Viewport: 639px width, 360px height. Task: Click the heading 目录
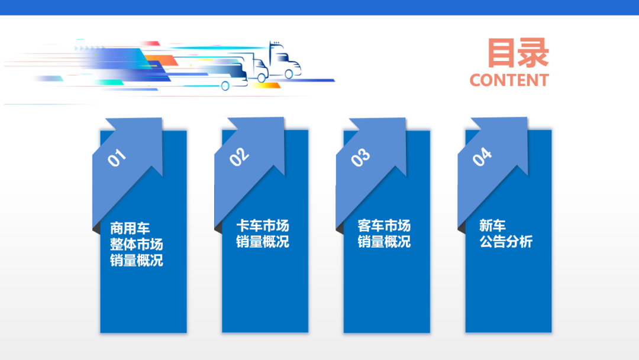(518, 53)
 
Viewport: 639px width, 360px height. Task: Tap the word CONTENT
(509, 81)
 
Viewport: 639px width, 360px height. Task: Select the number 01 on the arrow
(117, 157)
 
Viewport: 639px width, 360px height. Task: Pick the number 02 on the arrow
(239, 156)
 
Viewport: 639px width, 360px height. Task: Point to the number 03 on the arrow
(360, 157)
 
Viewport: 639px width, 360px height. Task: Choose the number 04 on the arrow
(482, 156)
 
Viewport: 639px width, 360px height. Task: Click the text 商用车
(130, 228)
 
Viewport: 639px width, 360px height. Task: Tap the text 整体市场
(136, 244)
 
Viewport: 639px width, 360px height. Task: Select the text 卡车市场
(263, 226)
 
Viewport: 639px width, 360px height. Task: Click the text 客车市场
(384, 226)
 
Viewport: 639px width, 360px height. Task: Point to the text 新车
(492, 226)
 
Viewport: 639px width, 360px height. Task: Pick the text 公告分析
(506, 242)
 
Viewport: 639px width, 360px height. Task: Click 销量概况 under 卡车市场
(263, 242)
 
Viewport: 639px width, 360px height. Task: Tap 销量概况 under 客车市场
(384, 242)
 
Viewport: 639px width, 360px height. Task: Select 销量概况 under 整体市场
(136, 261)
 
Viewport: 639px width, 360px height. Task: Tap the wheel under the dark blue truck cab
(289, 74)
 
